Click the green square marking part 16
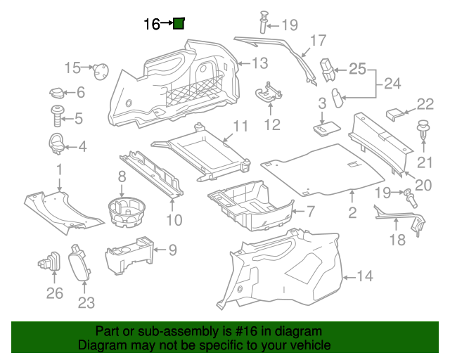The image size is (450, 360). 179,24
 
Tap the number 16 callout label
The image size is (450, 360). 151,25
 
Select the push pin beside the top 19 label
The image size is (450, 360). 266,21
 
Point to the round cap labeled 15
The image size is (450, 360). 102,70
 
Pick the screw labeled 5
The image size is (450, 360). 56,116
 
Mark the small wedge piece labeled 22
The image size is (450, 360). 397,111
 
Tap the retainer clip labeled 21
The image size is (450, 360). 423,131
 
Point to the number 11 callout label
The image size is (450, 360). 240,127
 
